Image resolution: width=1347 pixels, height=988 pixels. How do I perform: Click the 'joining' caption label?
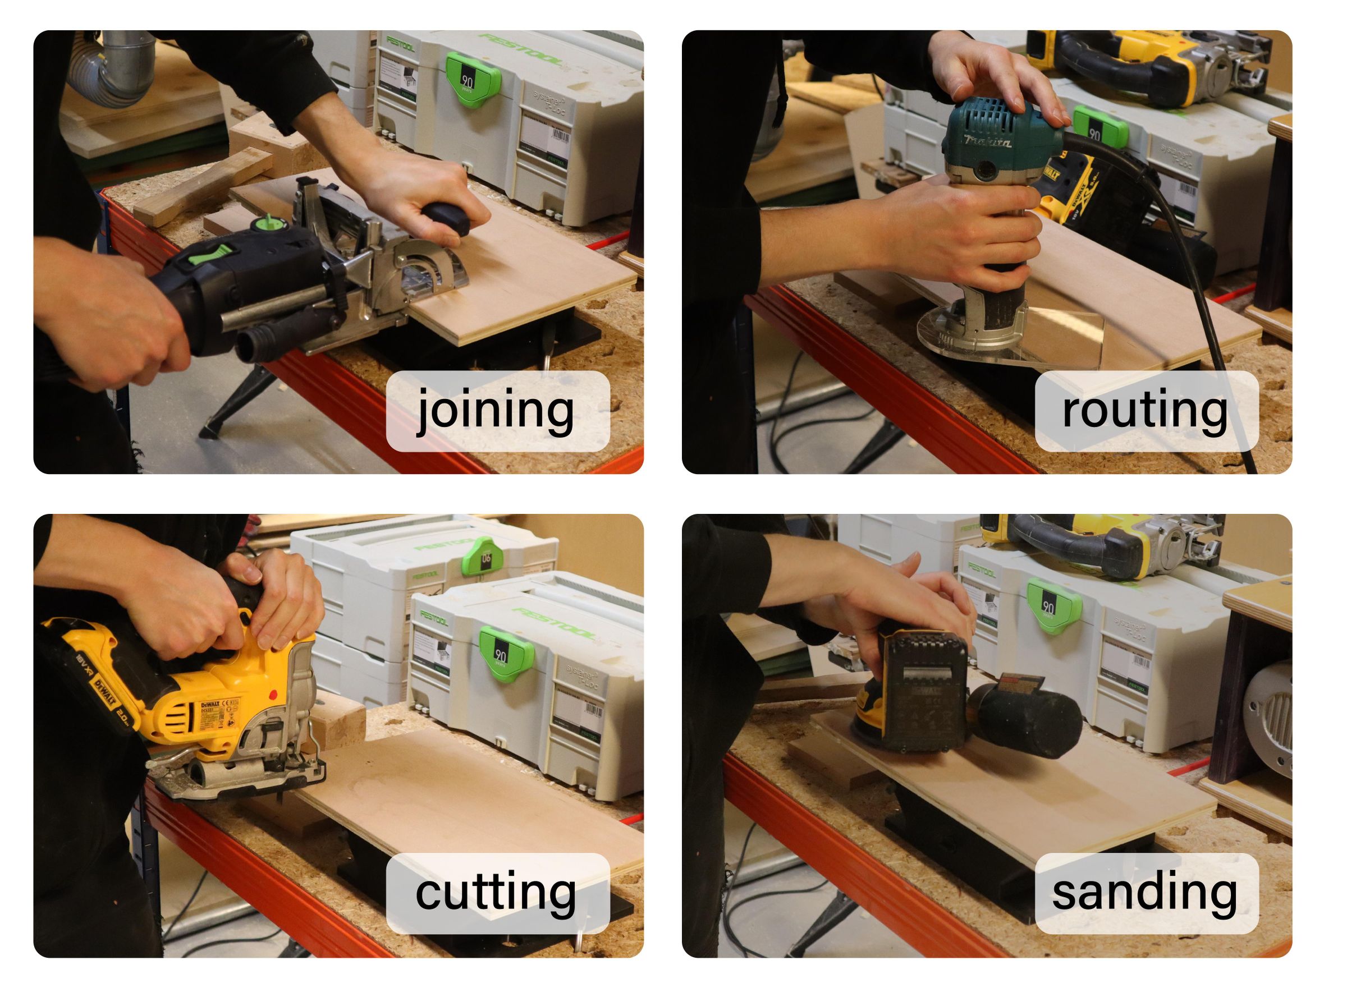point(498,411)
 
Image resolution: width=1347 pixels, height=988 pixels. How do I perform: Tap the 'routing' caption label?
point(1146,411)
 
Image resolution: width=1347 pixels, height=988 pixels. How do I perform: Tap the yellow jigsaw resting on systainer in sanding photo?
point(1107,544)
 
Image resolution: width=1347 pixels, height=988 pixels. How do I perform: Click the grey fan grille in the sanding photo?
point(1271,718)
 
